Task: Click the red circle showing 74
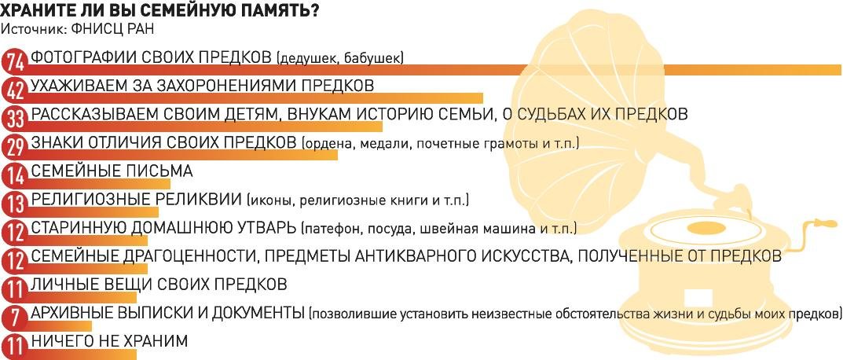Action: [x=14, y=62]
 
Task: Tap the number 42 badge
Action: [x=14, y=90]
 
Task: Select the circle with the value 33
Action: [x=14, y=119]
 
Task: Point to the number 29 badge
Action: [x=14, y=147]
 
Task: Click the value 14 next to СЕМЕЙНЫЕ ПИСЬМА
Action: [x=14, y=175]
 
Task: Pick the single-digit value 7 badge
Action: [x=14, y=318]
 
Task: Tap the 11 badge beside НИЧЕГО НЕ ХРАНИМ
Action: [x=14, y=346]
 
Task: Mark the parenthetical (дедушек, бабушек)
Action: [x=340, y=58]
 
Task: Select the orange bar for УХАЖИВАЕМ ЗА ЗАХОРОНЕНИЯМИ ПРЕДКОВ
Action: [x=253, y=98]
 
